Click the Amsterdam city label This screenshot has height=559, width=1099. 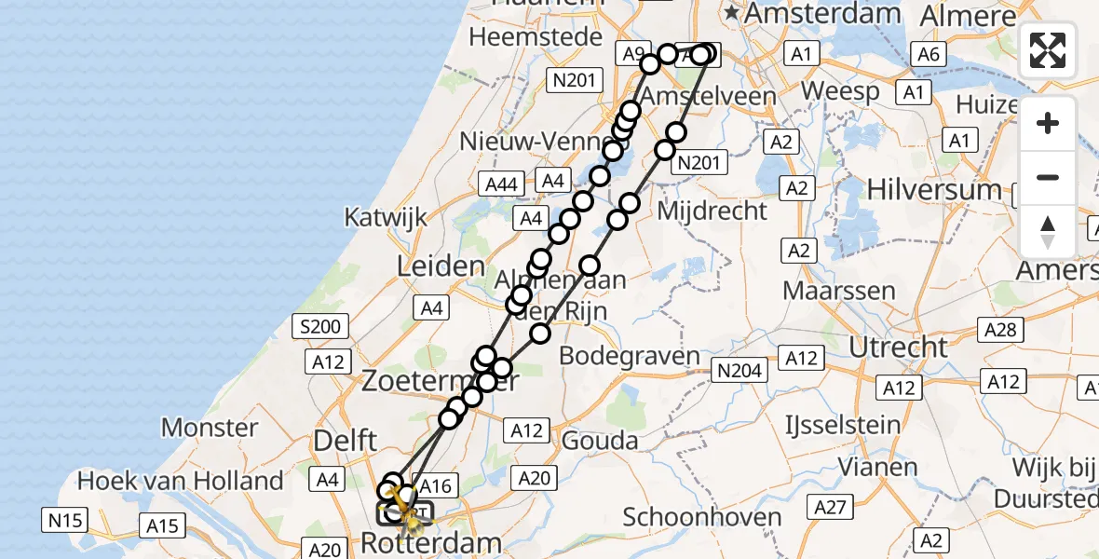tap(822, 13)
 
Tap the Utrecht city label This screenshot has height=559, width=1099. tap(895, 348)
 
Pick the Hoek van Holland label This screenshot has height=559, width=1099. tap(181, 481)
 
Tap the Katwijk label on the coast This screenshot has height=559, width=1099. tap(386, 217)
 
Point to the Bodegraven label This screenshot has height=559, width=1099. tap(629, 356)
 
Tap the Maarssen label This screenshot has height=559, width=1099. tap(839, 290)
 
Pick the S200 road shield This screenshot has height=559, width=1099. tap(319, 326)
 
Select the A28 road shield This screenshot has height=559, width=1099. tap(1002, 328)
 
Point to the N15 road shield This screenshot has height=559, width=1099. tap(67, 518)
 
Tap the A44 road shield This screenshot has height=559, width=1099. tap(501, 184)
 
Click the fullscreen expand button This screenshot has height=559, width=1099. tap(1048, 50)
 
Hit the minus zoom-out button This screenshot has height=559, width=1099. tap(1048, 177)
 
